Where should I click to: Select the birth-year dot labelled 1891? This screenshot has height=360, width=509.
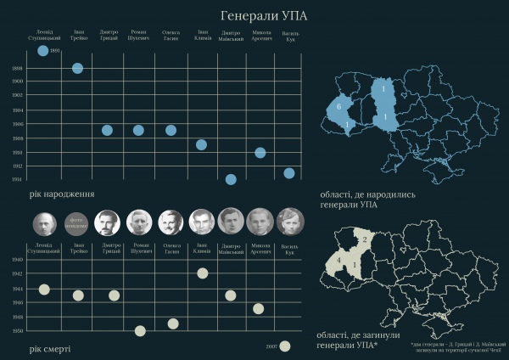[43, 51]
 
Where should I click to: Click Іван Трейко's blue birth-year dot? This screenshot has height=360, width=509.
[77, 68]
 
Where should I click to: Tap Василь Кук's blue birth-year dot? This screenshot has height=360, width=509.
[289, 173]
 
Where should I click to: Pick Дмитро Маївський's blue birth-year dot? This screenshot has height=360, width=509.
[231, 179]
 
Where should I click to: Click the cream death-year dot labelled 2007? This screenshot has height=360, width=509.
[285, 346]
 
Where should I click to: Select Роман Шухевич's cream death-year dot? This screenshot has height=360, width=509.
[140, 330]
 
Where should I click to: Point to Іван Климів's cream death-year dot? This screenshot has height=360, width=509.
[202, 273]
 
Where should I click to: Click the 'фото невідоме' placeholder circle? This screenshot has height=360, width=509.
[77, 222]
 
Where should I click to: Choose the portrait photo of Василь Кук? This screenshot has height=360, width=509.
[288, 222]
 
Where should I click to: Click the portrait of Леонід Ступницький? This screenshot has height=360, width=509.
[45, 223]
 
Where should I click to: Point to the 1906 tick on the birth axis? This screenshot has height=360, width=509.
[17, 124]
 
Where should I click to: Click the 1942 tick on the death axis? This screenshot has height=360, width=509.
[17, 274]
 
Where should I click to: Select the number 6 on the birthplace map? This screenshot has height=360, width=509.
[338, 109]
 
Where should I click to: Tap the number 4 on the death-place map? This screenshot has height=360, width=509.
[338, 258]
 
